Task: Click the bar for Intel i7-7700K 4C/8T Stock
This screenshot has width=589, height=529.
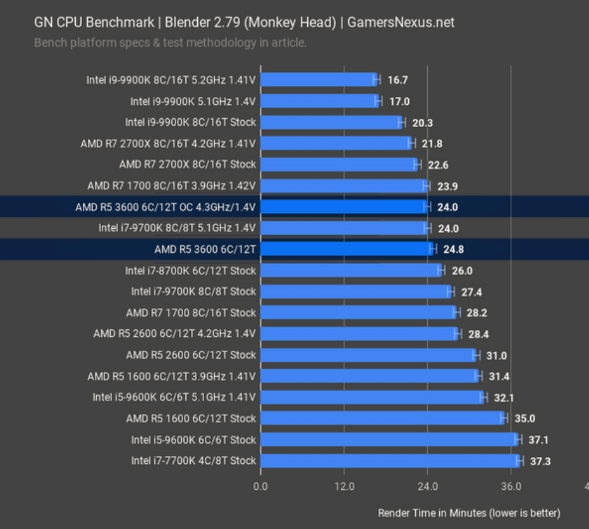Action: tap(389, 461)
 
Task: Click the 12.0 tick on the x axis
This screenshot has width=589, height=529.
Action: tap(344, 487)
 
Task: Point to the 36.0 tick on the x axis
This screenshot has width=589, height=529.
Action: tap(511, 487)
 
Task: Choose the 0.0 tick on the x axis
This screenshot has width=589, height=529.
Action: tap(260, 487)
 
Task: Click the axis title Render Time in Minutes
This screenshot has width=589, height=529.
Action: tap(469, 513)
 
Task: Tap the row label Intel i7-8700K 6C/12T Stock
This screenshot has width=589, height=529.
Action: tap(190, 271)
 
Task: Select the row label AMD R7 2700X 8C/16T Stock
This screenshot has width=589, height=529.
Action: tap(187, 164)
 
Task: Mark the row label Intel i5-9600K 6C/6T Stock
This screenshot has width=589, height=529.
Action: tap(193, 440)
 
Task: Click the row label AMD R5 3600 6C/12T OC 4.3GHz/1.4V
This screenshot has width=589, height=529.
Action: tap(165, 207)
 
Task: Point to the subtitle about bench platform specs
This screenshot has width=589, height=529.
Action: tap(170, 43)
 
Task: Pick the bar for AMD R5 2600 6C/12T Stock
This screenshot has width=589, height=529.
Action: tap(367, 355)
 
